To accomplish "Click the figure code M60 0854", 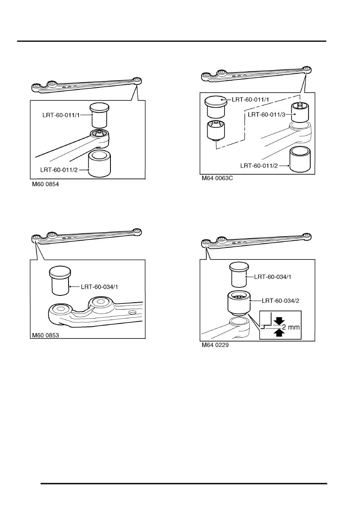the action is (45, 184).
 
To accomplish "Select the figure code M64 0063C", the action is (217, 179).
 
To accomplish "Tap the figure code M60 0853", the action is (45, 335).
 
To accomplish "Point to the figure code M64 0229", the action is (215, 345).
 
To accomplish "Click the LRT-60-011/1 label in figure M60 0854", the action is (61, 115).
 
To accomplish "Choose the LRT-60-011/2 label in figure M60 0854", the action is (59, 170).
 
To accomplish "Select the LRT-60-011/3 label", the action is (266, 114).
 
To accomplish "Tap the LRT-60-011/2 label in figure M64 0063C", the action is (259, 166).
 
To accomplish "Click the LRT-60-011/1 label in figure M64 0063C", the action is (250, 100).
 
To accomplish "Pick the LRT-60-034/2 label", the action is (281, 301).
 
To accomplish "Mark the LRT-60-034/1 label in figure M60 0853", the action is (99, 287).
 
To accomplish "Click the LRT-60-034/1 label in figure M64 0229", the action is (273, 277).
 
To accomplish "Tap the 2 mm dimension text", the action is (291, 327).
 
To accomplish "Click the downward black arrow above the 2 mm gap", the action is (279, 321).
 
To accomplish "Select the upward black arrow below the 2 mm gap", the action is (279, 333).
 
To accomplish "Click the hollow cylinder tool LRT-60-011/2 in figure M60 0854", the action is (100, 164).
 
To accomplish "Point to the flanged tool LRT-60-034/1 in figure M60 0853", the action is (60, 281).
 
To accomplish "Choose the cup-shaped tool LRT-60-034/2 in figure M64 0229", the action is (239, 303).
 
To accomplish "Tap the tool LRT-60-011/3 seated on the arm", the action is (300, 112).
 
